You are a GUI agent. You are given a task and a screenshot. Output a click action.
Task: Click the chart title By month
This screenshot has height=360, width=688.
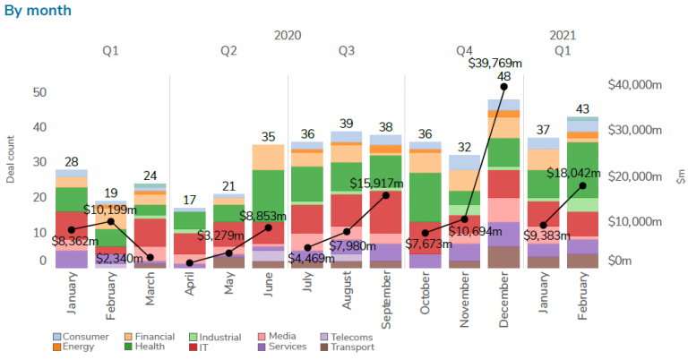tap(38, 11)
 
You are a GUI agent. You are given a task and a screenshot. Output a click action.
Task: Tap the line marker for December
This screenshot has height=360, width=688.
tap(503, 87)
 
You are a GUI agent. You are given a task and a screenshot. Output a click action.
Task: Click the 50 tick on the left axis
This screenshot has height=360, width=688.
tap(39, 92)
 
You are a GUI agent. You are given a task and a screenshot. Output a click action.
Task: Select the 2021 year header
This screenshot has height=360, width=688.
tap(563, 36)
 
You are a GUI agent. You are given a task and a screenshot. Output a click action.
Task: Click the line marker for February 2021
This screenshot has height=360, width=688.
tap(582, 185)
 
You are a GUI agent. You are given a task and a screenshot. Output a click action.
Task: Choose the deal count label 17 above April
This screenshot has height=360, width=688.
tap(190, 200)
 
